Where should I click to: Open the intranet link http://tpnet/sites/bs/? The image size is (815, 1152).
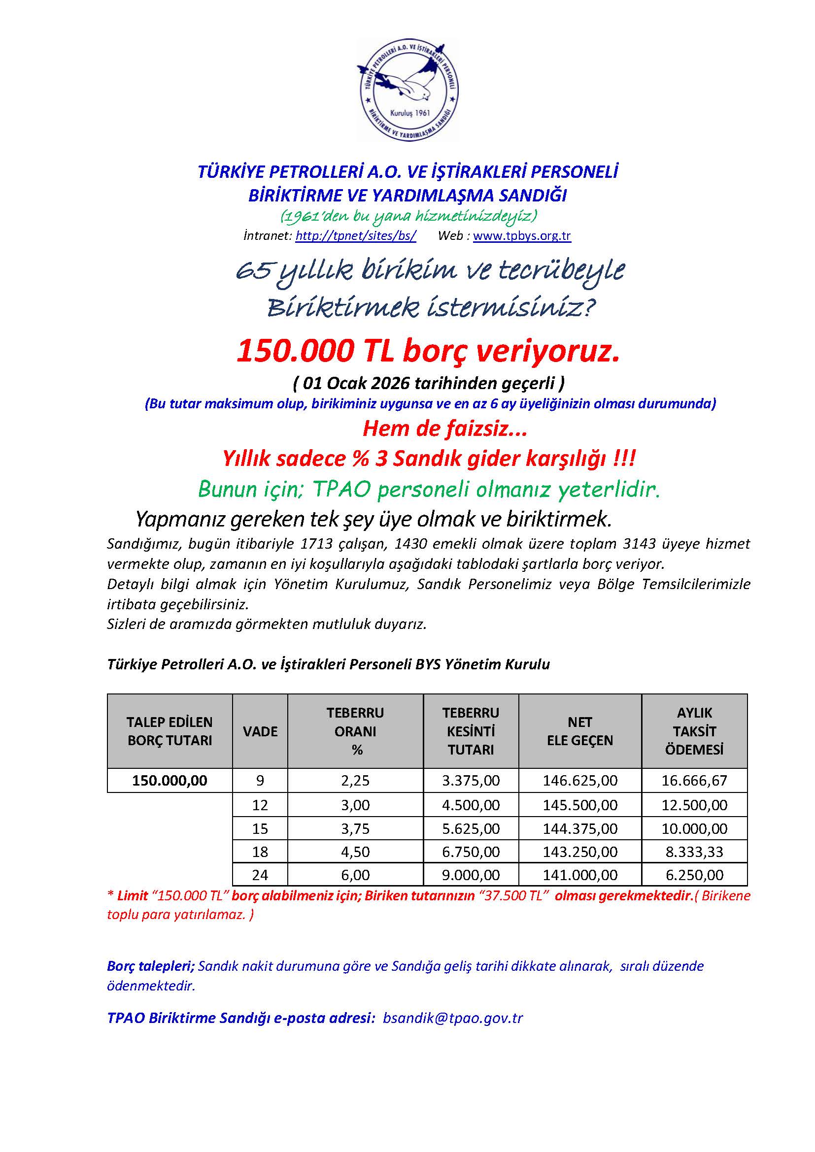pos(355,235)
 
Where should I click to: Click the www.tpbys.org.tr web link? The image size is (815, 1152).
pos(521,235)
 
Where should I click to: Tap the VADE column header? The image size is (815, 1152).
pos(260,731)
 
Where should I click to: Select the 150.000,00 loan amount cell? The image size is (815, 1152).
pos(170,780)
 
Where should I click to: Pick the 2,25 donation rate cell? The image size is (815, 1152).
pos(355,780)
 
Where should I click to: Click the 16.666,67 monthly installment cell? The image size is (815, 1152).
pos(694,780)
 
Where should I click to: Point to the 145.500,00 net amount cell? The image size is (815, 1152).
pos(579,805)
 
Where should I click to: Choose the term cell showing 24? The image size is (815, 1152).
pos(260,875)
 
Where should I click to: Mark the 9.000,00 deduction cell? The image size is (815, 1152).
pos(471,875)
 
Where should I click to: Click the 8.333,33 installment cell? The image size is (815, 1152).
pos(694,852)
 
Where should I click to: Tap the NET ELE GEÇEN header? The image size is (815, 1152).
pos(579,731)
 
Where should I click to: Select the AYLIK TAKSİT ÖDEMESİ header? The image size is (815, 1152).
pos(694,731)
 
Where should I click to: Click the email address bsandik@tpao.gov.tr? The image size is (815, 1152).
pos(453,1018)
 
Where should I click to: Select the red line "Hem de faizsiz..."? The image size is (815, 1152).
pos(444,428)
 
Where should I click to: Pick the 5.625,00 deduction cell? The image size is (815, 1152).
pos(471,828)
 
